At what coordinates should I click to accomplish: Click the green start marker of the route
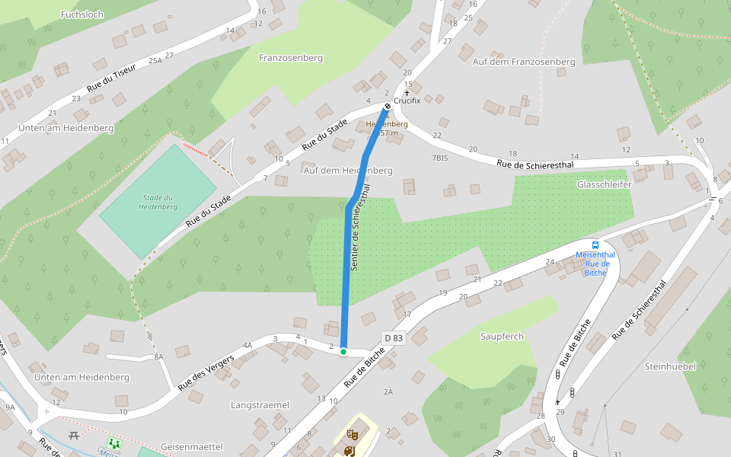(x=343, y=351)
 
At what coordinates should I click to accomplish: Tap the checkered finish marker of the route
(x=388, y=105)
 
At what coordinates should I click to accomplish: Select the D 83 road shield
(x=392, y=337)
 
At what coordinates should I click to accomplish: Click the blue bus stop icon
(x=595, y=244)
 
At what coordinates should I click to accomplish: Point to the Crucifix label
(x=407, y=101)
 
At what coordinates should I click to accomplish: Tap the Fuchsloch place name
(x=82, y=14)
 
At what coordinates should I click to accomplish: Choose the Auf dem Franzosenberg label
(x=523, y=61)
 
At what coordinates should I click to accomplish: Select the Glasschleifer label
(x=605, y=184)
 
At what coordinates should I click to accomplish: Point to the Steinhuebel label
(x=670, y=366)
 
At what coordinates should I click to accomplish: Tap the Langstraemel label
(x=260, y=404)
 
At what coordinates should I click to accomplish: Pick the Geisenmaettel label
(x=191, y=446)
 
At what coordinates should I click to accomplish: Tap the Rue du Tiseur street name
(x=111, y=78)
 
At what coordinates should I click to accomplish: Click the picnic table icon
(x=74, y=435)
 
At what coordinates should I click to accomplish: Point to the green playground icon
(x=114, y=443)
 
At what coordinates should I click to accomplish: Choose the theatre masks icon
(x=352, y=434)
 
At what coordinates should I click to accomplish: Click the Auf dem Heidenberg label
(x=347, y=171)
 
